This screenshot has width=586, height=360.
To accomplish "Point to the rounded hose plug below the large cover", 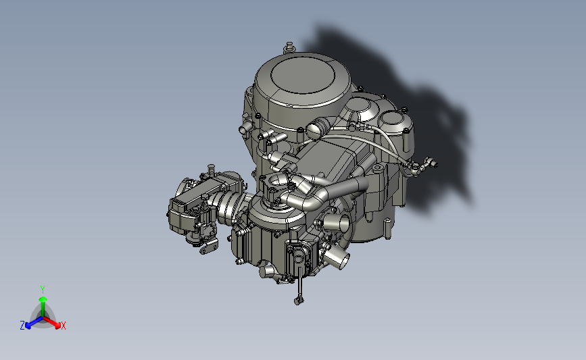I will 316,127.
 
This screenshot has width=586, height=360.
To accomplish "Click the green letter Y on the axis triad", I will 42,288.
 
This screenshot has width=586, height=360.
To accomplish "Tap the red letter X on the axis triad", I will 63,326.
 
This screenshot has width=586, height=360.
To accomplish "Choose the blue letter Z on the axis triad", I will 22,326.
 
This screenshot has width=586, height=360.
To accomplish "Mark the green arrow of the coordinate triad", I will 42,301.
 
